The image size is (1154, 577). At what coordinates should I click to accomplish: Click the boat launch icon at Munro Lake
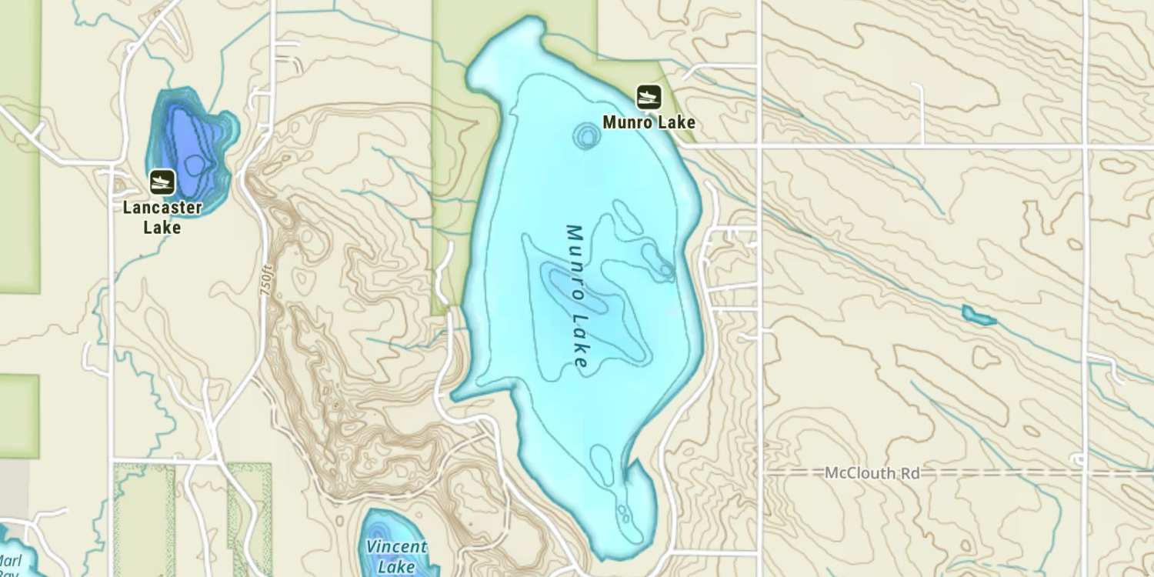click(x=649, y=97)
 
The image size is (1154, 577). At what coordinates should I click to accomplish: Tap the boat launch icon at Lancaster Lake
click(x=162, y=182)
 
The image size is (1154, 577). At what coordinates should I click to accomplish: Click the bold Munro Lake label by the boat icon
click(x=649, y=122)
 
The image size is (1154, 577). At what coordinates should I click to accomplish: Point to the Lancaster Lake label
click(x=162, y=217)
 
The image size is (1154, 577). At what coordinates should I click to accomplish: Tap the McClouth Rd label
click(x=872, y=472)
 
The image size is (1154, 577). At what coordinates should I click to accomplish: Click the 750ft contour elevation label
click(x=267, y=284)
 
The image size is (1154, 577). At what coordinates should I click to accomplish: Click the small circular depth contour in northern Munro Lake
click(x=586, y=137)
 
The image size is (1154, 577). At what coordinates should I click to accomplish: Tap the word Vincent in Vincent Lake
click(x=396, y=548)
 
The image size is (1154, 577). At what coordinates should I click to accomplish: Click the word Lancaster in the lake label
click(x=162, y=208)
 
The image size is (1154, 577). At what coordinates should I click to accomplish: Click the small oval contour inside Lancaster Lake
click(x=194, y=164)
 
